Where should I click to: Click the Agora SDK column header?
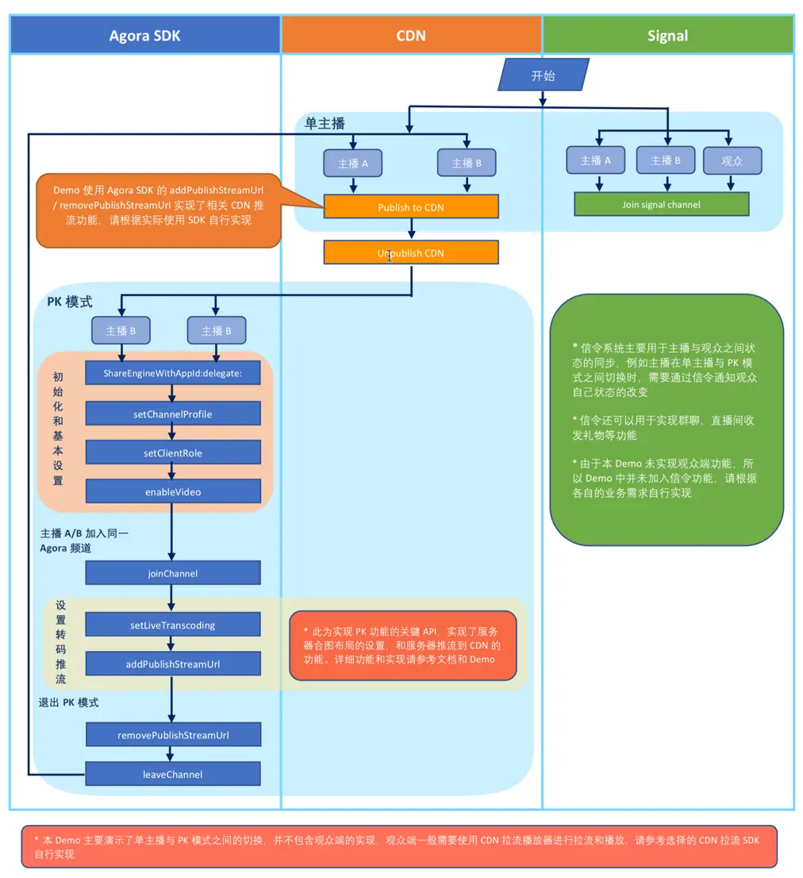tap(145, 35)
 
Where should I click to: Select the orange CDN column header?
tap(411, 35)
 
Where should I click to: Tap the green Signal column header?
tap(667, 35)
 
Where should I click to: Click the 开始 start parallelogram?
tap(544, 75)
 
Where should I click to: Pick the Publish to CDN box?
tap(411, 207)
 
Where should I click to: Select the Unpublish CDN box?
tap(411, 253)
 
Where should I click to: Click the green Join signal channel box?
tap(661, 205)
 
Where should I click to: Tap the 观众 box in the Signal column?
tap(732, 161)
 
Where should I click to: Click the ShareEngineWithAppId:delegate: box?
tap(172, 372)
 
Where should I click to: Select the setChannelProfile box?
tap(172, 414)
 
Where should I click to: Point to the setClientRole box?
tap(172, 452)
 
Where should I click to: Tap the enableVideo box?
tap(172, 491)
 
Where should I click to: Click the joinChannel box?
tap(172, 573)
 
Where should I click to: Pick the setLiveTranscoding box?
tap(172, 625)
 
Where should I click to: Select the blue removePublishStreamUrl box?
tap(172, 735)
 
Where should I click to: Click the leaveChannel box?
tap(172, 774)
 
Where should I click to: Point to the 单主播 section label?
tap(325, 124)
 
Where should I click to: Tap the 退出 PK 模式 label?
tap(69, 703)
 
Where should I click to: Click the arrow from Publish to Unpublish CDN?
tap(411, 229)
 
